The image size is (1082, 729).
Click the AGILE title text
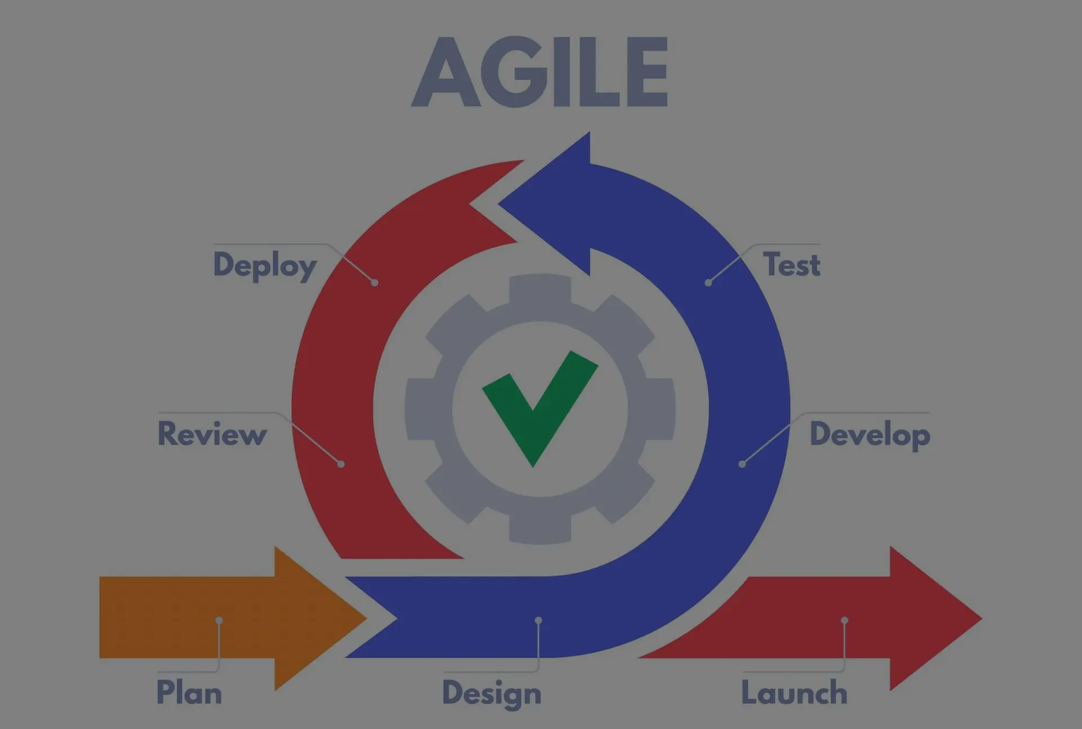tap(540, 72)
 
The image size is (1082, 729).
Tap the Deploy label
tap(265, 265)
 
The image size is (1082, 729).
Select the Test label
tap(791, 264)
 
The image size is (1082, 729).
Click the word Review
tap(212, 434)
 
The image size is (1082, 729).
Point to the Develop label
tap(870, 435)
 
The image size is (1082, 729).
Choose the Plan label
tap(189, 692)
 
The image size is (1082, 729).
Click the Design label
tap(491, 694)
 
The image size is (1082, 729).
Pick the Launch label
tap(794, 692)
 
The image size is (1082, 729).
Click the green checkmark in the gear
tap(540, 408)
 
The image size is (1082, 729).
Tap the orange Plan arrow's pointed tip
tap(366, 618)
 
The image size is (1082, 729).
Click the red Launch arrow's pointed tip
tap(981, 618)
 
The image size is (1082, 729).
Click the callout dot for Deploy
tap(375, 282)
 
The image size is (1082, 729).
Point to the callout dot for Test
tap(708, 282)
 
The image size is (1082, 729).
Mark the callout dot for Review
tap(341, 464)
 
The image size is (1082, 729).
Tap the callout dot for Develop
tap(742, 464)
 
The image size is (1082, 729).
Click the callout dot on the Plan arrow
tap(219, 620)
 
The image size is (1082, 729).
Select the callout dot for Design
tap(538, 620)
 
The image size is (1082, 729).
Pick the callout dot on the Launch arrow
tap(844, 620)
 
